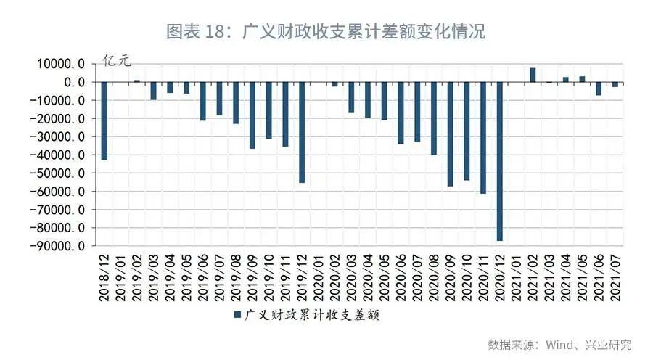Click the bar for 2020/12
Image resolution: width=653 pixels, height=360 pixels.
point(500,161)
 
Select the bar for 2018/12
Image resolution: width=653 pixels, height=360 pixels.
point(104,120)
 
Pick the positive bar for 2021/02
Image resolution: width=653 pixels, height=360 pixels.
point(533,75)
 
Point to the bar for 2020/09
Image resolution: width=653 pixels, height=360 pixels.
point(450,134)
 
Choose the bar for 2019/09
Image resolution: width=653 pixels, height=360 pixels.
point(252,115)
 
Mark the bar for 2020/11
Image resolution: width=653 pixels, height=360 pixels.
point(483,138)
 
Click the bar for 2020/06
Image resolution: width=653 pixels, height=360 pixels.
point(401,113)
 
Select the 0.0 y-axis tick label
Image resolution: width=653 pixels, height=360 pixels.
point(75,82)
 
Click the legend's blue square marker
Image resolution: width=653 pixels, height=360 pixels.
point(237,315)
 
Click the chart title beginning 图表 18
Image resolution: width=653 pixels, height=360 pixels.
point(326,32)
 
